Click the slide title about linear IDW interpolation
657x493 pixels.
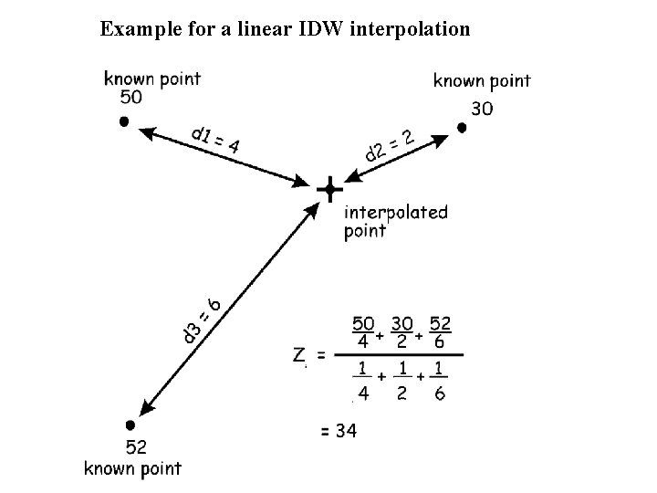pos(286,29)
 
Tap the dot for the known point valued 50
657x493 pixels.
pos(124,121)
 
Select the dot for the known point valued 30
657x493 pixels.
pos(462,129)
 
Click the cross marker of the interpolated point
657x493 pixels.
pos(328,190)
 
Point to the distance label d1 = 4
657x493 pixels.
pos(215,139)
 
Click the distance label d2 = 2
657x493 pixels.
pos(390,146)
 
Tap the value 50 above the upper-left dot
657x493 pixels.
pos(132,98)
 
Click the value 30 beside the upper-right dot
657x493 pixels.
pos(484,108)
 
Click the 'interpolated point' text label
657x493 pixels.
pos(396,221)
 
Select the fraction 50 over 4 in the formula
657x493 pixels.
pos(362,332)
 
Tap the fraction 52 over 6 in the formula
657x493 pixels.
pos(440,332)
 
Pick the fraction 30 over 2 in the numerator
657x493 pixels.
pos(401,332)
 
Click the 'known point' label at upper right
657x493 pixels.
pos(482,80)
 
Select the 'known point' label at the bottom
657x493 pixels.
pos(133,468)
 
